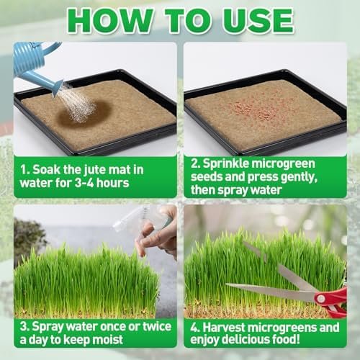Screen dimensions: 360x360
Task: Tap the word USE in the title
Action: click(x=258, y=21)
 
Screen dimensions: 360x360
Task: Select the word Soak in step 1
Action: click(x=46, y=170)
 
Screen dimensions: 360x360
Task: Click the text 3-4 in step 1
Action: click(x=84, y=183)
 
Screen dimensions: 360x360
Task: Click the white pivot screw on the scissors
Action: click(x=320, y=298)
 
